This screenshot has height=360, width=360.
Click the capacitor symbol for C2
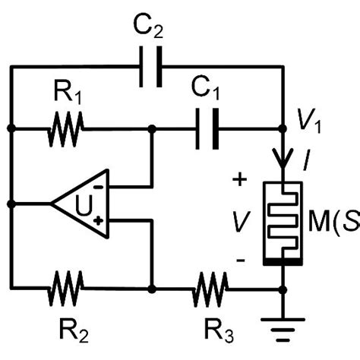147,67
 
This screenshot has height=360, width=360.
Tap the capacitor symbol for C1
206,130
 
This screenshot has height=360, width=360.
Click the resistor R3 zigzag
210,289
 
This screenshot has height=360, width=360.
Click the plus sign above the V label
241,180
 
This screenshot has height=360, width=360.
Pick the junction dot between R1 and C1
153,130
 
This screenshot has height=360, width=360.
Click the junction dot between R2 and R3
153,289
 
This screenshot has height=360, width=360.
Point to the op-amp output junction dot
11,204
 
